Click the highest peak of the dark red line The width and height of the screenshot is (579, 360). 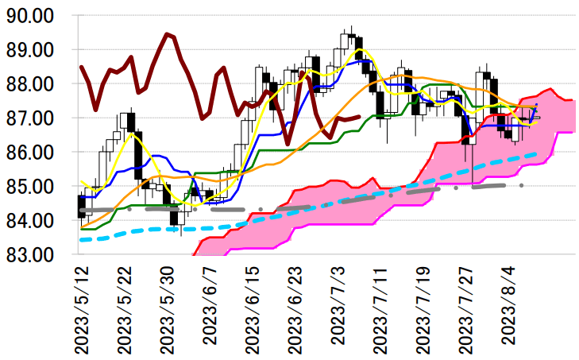tap(167, 34)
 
